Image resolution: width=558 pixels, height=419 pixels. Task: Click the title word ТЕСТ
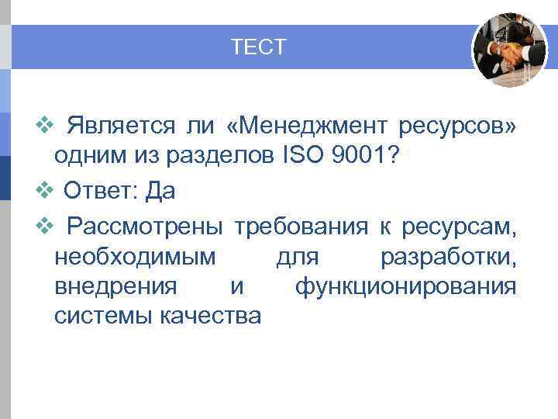[259, 48]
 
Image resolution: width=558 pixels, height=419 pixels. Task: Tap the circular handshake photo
[510, 49]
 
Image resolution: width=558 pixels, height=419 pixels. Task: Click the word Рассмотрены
[145, 227]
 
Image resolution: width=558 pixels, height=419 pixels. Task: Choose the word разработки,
[449, 257]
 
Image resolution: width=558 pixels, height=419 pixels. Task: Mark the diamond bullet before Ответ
[43, 189]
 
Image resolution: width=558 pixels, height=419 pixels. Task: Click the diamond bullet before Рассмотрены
[43, 226]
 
